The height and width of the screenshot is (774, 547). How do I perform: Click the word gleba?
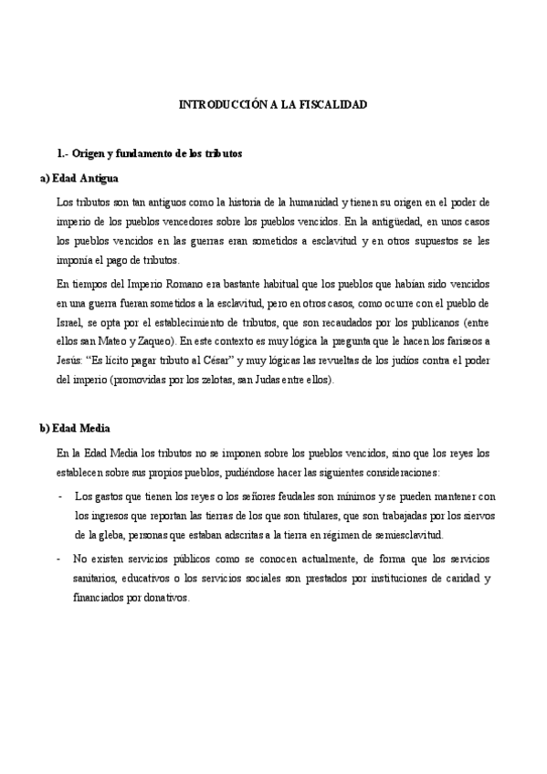(x=117, y=536)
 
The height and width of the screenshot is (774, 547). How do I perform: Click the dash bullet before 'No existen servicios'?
(x=59, y=558)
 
